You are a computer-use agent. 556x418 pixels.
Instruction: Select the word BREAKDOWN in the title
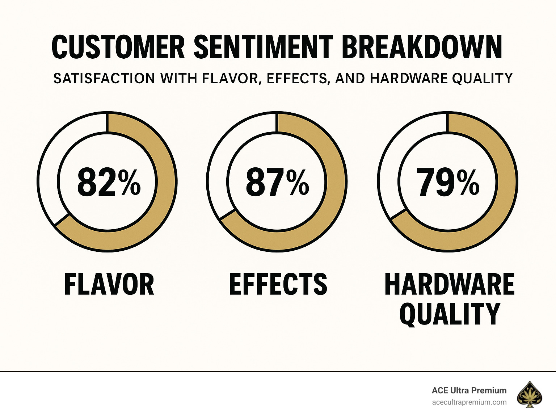[x=422, y=47]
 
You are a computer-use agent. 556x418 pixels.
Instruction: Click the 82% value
[x=109, y=182]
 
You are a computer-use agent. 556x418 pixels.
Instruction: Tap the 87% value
[x=277, y=182]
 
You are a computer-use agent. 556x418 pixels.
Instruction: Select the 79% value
[x=448, y=182]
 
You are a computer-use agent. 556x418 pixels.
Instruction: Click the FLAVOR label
[x=109, y=285]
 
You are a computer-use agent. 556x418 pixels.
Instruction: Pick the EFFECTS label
[x=278, y=285]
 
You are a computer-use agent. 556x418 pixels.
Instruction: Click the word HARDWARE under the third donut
[x=449, y=285]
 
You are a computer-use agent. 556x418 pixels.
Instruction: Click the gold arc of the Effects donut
[x=334, y=181]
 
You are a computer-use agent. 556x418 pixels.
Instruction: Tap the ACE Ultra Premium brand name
[x=469, y=390]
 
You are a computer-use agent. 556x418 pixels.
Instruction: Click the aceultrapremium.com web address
[x=469, y=402]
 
